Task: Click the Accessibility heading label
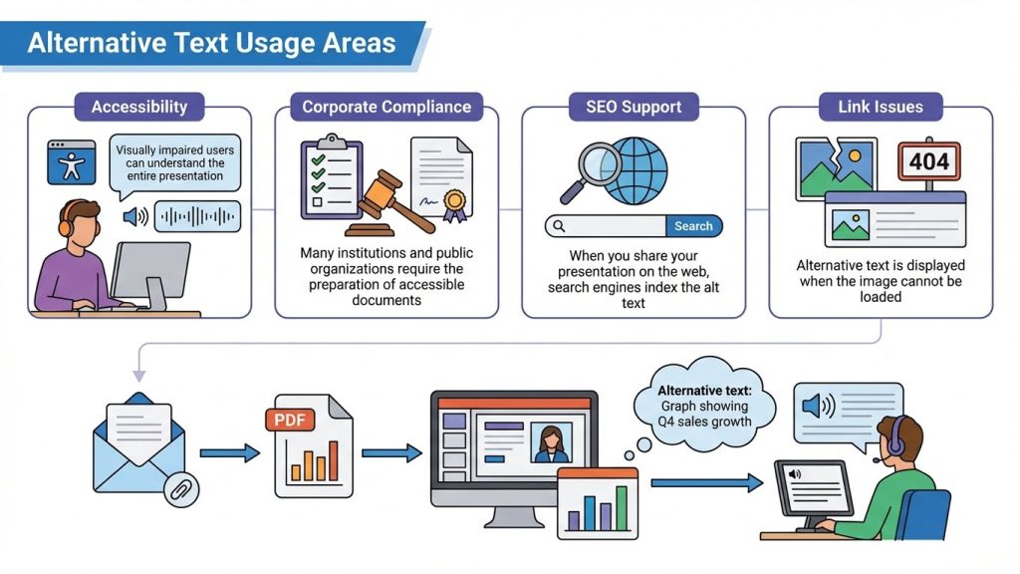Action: (139, 107)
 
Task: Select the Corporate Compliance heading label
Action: (386, 107)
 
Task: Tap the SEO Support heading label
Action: (634, 107)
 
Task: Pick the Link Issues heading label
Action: (881, 107)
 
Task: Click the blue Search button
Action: (693, 226)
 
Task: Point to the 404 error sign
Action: (929, 160)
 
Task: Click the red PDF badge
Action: (290, 420)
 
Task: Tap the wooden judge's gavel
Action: (390, 203)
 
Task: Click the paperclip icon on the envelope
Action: (181, 489)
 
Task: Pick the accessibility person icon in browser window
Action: (72, 162)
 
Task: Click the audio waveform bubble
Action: (197, 216)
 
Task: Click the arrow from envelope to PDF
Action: (230, 452)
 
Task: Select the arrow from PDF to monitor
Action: (391, 452)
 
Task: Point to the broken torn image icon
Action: (836, 166)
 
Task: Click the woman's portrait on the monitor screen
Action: (551, 443)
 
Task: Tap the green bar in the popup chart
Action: (622, 508)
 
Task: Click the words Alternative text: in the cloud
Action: (704, 391)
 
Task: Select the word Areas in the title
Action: (359, 43)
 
